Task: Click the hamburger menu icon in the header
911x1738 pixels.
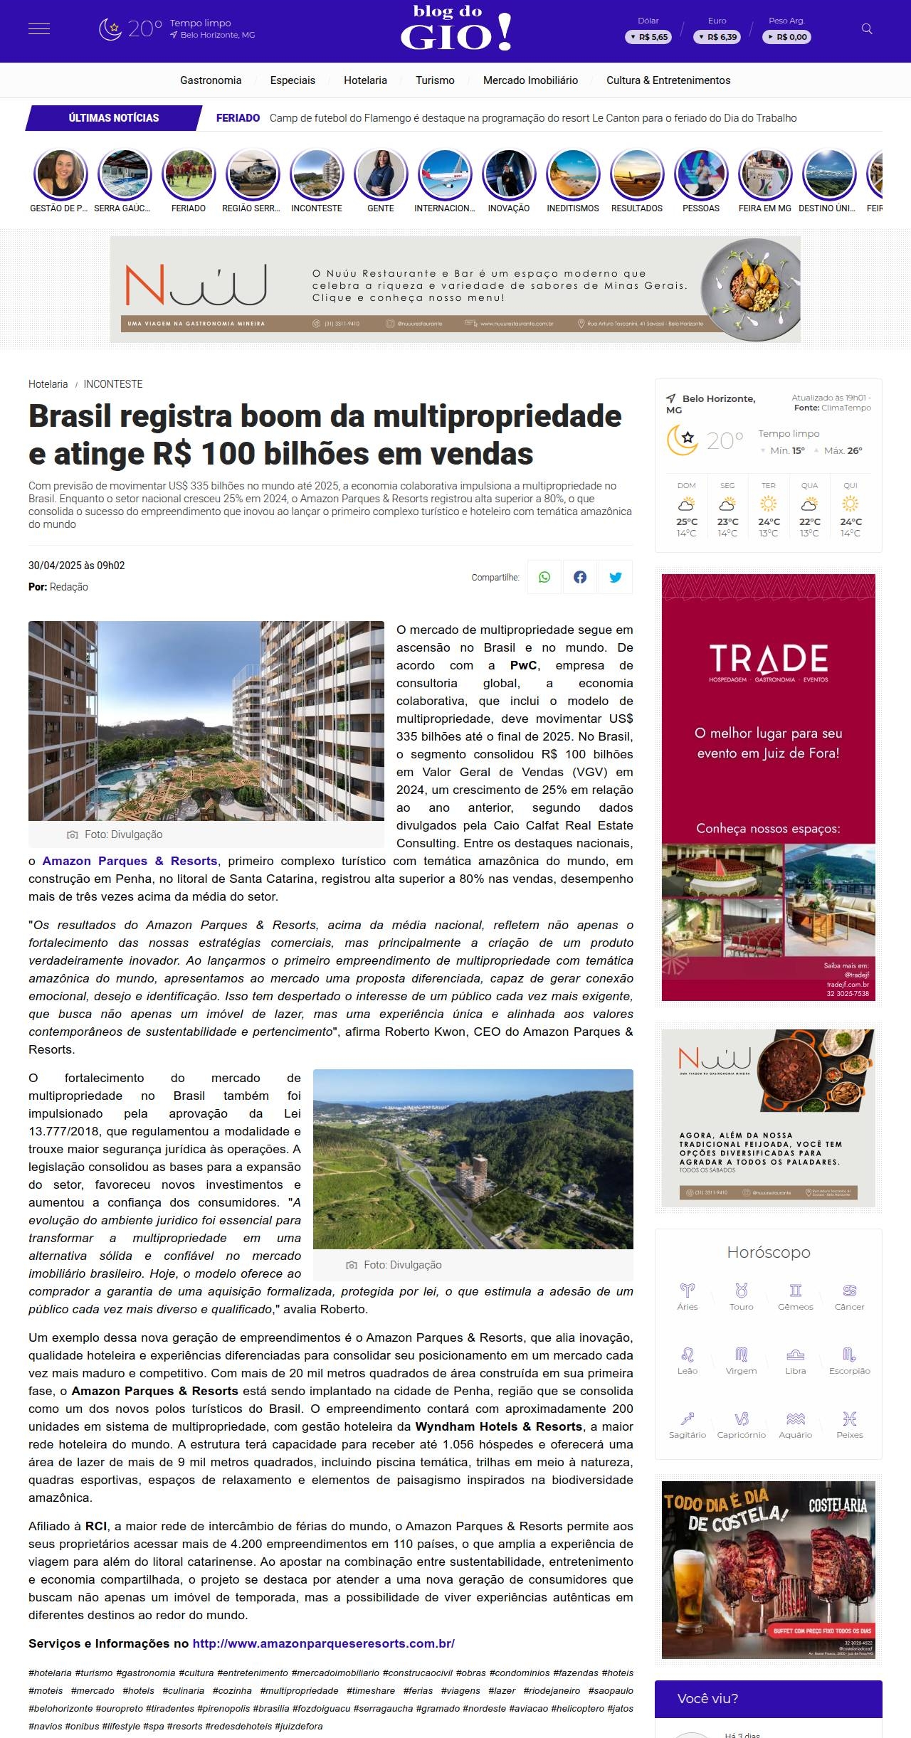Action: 38,29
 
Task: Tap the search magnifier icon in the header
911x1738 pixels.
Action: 867,29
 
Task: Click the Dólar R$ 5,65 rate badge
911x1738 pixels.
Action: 648,37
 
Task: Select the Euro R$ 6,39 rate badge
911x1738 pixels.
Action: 717,37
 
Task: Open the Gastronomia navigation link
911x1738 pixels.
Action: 211,80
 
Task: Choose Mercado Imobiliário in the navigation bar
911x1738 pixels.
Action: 530,80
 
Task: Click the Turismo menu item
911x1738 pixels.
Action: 435,80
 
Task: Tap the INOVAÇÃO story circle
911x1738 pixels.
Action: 509,175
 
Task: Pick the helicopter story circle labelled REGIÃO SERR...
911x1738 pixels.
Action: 253,175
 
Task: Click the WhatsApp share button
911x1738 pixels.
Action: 544,577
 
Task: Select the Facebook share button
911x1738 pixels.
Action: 580,577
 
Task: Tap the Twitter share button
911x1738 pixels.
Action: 616,577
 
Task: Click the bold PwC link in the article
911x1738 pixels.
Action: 524,665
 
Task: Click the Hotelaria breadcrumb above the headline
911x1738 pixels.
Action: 48,384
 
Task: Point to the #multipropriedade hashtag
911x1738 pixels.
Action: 299,1690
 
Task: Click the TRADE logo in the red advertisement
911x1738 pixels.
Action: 769,659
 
